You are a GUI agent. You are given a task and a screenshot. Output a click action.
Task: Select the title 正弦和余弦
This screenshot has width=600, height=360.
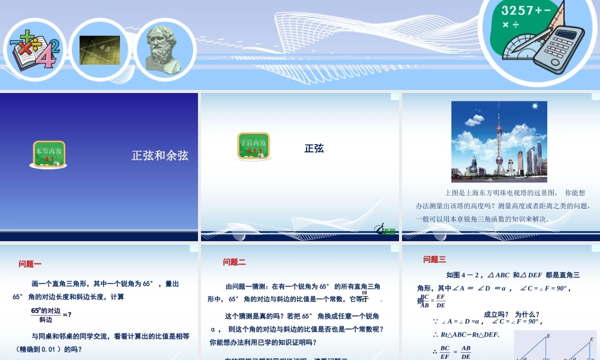160,155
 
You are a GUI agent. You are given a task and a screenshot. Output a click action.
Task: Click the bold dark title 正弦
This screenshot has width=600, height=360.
314,148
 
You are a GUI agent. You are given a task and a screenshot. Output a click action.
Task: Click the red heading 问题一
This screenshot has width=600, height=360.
30,263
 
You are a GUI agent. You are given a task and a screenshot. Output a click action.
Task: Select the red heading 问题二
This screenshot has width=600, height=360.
234,262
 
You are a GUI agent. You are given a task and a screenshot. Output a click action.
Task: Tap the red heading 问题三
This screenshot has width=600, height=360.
434,259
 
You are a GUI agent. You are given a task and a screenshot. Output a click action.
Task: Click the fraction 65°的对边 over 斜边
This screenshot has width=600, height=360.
46,315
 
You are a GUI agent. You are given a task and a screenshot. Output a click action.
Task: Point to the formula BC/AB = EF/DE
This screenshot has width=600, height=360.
432,301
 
